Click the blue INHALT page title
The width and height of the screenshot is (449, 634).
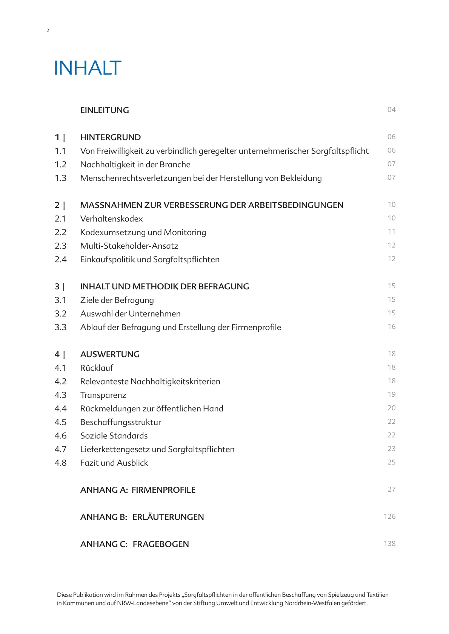(88, 68)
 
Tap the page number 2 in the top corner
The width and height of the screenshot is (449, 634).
(48, 31)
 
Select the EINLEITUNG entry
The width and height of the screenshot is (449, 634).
(105, 110)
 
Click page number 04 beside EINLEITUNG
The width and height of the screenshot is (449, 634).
(391, 110)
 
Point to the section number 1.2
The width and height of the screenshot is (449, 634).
(60, 165)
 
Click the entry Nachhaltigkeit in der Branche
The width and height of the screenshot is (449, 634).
(135, 165)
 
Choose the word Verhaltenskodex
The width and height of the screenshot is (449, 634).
(111, 219)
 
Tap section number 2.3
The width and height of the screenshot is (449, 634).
(60, 246)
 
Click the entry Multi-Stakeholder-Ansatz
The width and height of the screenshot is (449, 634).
(129, 246)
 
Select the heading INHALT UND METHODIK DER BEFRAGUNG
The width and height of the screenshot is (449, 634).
(165, 287)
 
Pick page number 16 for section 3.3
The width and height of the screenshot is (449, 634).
(391, 327)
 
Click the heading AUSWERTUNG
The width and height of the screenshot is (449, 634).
(110, 354)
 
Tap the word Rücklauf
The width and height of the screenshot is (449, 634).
(97, 368)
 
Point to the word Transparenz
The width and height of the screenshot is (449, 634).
(103, 395)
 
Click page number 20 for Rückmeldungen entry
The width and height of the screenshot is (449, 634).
(391, 408)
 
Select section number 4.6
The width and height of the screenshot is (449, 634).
(60, 436)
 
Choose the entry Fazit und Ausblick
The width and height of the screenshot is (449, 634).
(114, 463)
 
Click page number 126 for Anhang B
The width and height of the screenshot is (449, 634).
(389, 516)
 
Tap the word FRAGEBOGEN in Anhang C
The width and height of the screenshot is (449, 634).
(161, 544)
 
